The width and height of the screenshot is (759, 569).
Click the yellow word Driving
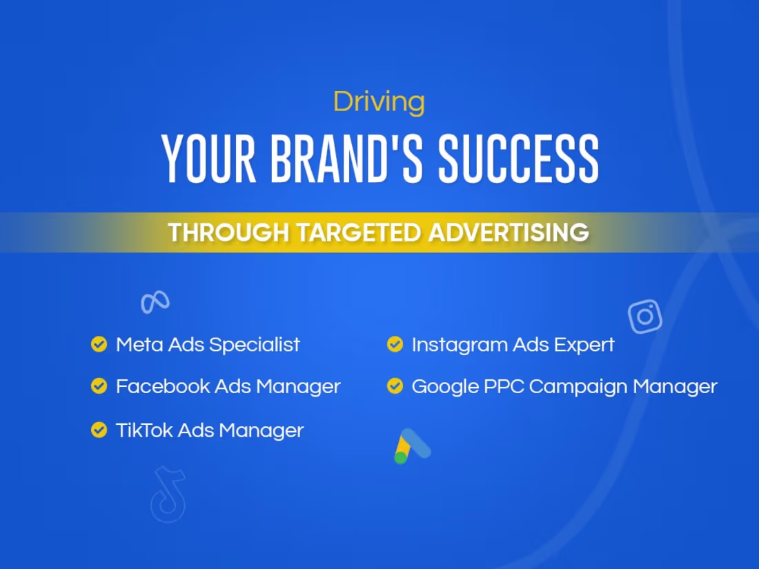[379, 102]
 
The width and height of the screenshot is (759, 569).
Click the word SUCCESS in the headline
[519, 159]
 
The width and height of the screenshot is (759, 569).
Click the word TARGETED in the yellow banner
[359, 232]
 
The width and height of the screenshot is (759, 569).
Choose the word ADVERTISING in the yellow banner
[509, 232]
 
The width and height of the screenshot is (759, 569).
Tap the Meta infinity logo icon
[155, 301]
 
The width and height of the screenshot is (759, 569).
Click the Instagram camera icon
[645, 317]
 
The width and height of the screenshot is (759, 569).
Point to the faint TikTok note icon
[168, 494]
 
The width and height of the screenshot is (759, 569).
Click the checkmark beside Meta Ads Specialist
[99, 343]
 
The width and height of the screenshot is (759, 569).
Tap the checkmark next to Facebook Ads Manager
[99, 386]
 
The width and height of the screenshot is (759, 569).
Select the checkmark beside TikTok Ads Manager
[99, 430]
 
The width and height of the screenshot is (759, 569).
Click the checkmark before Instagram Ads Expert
[395, 343]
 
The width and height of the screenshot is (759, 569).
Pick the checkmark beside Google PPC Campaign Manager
[395, 386]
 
